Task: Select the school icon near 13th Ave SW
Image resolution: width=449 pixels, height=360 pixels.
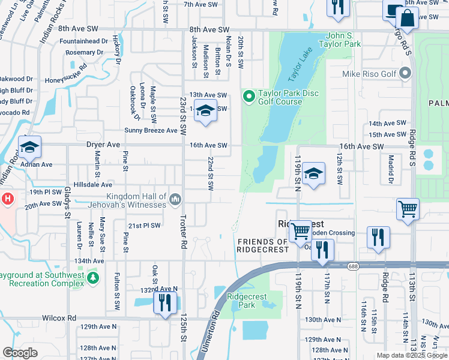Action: click(205, 112)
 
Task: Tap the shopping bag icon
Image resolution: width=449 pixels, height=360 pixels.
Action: click(408, 19)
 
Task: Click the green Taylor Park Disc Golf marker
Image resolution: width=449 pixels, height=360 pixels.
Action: click(249, 96)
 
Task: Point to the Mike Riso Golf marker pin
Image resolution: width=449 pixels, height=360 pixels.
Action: click(406, 74)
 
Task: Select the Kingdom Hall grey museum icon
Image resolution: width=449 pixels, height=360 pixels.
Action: click(175, 199)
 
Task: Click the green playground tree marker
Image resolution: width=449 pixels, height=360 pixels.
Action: click(92, 278)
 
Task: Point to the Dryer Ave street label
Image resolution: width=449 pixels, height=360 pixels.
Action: click(103, 145)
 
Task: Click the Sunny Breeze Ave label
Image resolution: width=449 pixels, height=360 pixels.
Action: click(151, 130)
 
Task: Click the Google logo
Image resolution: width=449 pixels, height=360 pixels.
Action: click(20, 353)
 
